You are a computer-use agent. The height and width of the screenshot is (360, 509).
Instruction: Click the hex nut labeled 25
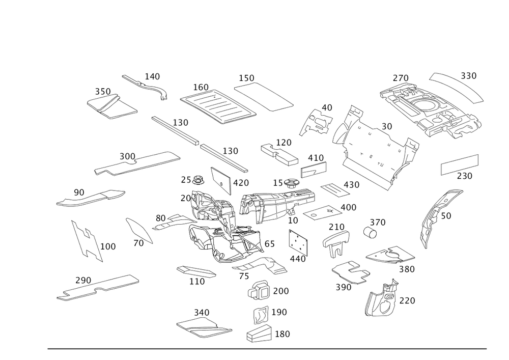click(x=198, y=180)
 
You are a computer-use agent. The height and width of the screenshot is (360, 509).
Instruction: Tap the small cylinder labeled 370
click(x=370, y=232)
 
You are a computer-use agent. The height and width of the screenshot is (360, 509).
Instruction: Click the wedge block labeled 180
click(x=259, y=334)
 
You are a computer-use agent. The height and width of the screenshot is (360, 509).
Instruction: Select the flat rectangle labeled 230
click(x=459, y=164)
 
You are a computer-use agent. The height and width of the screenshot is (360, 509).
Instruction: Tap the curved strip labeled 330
click(x=456, y=88)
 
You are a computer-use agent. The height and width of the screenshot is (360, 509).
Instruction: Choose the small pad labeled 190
click(x=261, y=315)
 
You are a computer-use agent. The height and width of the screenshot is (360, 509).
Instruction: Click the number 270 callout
click(x=401, y=78)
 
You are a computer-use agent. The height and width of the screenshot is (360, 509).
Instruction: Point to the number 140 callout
click(x=152, y=76)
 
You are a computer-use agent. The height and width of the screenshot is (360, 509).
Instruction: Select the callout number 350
click(x=103, y=92)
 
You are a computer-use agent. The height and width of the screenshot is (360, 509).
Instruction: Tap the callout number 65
click(x=269, y=244)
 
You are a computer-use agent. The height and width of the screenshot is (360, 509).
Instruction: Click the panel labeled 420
click(x=221, y=181)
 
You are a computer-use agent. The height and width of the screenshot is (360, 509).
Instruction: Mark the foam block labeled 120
click(x=279, y=154)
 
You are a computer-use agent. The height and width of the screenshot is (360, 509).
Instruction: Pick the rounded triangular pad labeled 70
click(x=139, y=231)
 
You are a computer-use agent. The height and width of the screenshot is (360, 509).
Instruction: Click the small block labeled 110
click(x=196, y=272)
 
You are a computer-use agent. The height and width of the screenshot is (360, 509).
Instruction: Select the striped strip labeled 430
click(x=335, y=190)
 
